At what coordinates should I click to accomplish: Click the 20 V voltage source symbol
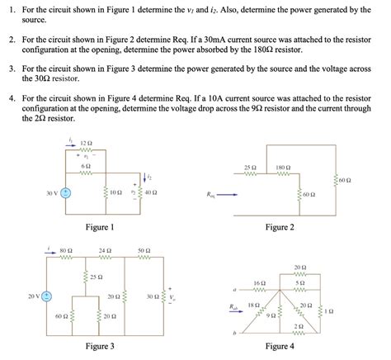[47, 295]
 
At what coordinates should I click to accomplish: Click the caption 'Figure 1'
[100, 227]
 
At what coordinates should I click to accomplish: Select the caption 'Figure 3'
[100, 347]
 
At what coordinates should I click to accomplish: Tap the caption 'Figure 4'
[280, 347]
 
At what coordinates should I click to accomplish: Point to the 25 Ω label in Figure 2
[250, 168]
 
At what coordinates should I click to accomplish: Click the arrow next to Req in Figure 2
[228, 196]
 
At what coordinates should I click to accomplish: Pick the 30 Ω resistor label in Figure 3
[151, 296]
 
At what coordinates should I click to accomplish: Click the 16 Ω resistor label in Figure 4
[259, 283]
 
